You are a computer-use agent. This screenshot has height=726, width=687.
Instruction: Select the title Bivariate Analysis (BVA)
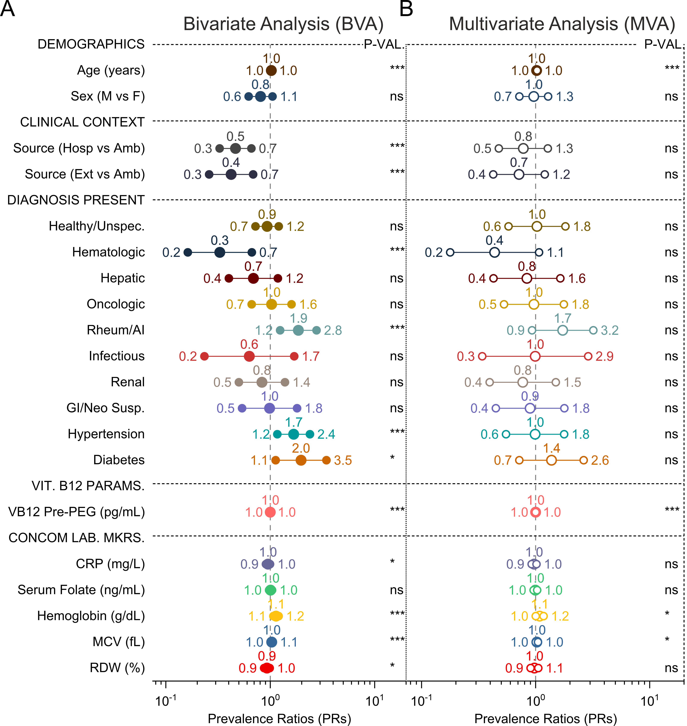pos(283,24)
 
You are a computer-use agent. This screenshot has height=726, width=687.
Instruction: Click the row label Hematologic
pos(108,252)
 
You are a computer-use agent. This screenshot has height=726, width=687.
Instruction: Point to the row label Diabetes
pos(119,460)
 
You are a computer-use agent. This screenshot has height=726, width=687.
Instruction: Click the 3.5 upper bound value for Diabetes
pos(343,460)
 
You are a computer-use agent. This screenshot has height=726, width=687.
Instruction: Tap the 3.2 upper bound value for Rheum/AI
pos(609,330)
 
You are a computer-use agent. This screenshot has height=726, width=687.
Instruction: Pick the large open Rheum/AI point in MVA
pos(562,330)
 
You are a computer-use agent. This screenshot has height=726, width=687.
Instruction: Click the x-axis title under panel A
pos(279,718)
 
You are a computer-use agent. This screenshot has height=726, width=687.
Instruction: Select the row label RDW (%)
pos(117,668)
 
